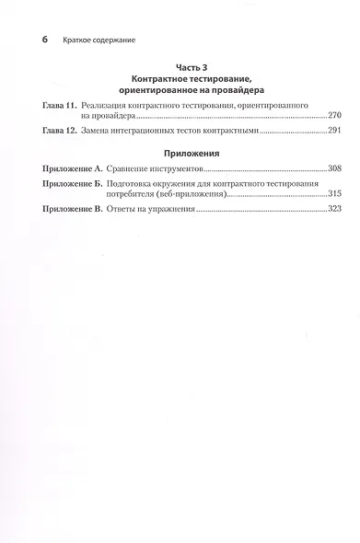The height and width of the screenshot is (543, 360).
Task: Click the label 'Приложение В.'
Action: (x=75, y=211)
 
